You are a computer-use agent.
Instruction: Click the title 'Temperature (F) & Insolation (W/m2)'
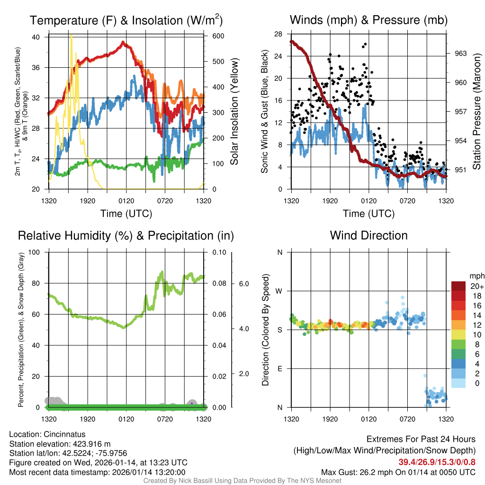pos(126,20)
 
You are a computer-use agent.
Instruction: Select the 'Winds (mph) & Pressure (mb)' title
pos(368,20)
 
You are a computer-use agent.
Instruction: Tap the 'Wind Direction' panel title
pos(368,235)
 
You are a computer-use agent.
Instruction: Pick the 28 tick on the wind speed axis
pos(278,34)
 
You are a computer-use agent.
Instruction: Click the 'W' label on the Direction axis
pos(279,291)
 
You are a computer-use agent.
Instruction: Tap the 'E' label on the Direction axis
pos(279,368)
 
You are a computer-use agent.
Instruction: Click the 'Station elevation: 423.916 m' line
pos(60,444)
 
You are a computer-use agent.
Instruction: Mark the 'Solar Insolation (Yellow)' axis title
pos(234,112)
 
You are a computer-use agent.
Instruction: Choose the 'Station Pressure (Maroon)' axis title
pos(476,112)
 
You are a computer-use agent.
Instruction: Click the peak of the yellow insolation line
pos(72,36)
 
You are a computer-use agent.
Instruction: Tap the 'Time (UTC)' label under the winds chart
pos(368,214)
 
